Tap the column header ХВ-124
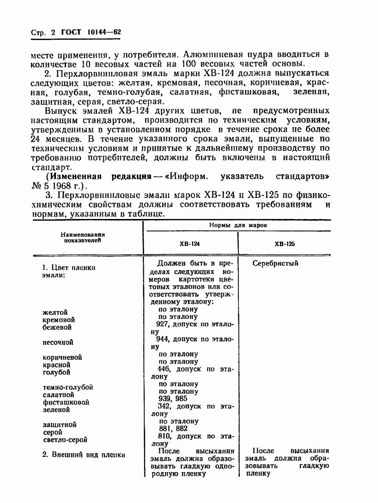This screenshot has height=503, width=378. [189, 244]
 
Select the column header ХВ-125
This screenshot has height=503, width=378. [285, 244]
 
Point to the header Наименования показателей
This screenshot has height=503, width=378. [85, 237]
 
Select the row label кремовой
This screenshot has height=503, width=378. [59, 320]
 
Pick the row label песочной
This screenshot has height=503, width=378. [58, 343]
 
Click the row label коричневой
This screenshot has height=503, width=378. [62, 357]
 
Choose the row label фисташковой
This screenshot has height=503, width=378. [66, 402]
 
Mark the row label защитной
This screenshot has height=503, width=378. [59, 425]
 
